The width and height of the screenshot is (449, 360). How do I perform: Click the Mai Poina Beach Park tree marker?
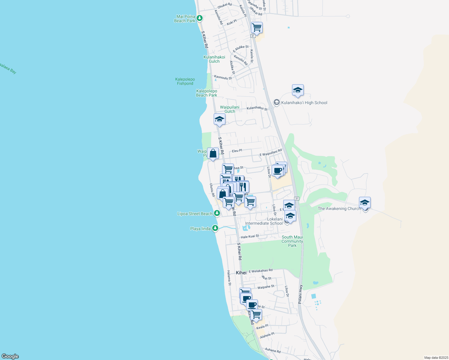coord(199,18)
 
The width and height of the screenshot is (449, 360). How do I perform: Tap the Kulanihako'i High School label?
coord(304,103)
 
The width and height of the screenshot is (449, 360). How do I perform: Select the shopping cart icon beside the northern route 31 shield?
coord(257,28)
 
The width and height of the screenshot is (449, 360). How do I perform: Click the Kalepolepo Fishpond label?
coord(185,81)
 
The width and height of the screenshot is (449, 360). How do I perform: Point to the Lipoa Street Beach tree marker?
coord(217,214)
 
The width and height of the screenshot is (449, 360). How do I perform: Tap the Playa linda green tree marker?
coord(215,228)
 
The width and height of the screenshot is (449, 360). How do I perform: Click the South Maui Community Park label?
coord(292,241)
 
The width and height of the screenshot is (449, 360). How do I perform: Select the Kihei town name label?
coord(241,273)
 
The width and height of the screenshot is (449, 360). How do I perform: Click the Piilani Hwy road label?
coord(300,294)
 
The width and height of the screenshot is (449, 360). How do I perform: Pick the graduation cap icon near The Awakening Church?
coord(365,203)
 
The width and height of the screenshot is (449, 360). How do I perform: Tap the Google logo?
coord(10,356)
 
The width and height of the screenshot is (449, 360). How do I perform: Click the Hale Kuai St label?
coord(250,236)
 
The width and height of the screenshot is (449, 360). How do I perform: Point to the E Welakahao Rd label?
coord(261,271)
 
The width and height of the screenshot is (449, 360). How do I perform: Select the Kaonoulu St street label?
coord(223,77)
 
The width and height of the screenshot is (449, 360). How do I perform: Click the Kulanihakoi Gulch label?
coord(214,59)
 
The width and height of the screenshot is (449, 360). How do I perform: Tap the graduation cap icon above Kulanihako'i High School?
coord(298,90)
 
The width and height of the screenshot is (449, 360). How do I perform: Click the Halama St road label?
coord(229,278)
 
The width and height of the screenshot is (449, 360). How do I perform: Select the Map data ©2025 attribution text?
coord(436,358)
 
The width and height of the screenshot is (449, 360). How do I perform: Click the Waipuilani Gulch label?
coord(230,109)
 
